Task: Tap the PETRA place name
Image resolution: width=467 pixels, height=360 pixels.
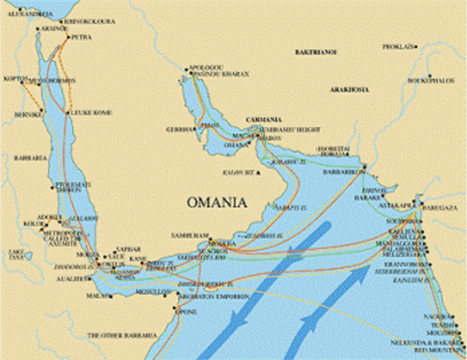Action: (x=81, y=36)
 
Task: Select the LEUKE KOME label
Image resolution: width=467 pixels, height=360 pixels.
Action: (x=91, y=112)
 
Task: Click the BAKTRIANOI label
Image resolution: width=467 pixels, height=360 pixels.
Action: (x=316, y=52)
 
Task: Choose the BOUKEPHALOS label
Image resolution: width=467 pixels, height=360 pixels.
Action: (x=432, y=80)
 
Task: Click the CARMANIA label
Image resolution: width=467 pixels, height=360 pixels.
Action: (x=265, y=119)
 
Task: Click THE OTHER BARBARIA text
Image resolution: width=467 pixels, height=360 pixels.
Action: (x=122, y=335)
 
